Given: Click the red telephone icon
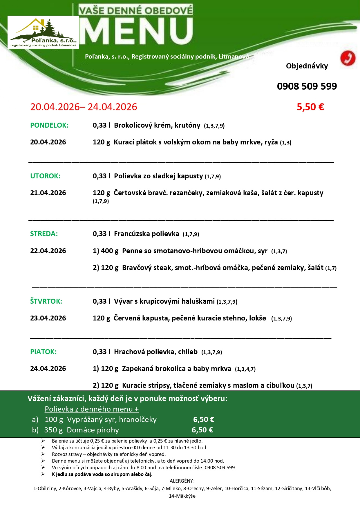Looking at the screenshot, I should pos(348,58).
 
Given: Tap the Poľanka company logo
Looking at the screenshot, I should pos(43,32).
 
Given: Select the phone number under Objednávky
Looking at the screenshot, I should pos(307,86).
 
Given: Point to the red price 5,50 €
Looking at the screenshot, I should pos(310,107).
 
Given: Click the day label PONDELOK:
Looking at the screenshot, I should pos(49,125).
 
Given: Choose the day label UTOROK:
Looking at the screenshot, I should pos(45,176).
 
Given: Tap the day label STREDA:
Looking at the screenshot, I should pos(44,234).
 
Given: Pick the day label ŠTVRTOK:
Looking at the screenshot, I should pos(46,301).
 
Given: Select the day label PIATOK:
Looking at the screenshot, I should pos(44,352).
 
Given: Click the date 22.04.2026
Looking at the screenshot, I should pos(48,251).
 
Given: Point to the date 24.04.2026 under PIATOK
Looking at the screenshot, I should pos(48,369).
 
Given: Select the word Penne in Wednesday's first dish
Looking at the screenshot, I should pos(131,251).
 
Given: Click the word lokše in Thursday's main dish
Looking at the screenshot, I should pos(257,318).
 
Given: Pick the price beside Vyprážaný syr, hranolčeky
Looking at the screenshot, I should pos(204,419).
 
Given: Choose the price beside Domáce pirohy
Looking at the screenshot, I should pos(202,430).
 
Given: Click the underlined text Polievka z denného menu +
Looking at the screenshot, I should pos(92,409).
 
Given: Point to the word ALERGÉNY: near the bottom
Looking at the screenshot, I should pos(182,481).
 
